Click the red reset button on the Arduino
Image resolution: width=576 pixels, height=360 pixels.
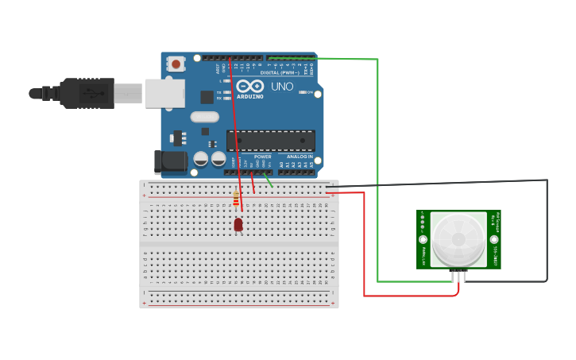[175, 62]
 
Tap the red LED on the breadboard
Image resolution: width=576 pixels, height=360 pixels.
[238, 225]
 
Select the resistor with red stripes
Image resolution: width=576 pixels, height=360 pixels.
[236, 199]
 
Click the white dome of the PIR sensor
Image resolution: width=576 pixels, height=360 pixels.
[459, 238]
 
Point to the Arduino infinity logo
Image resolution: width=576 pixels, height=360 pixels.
[249, 86]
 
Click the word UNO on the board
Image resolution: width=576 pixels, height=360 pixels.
[282, 86]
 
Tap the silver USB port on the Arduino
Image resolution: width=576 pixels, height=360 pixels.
[164, 93]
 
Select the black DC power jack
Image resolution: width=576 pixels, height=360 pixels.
[170, 161]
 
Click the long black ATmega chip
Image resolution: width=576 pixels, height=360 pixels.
[271, 141]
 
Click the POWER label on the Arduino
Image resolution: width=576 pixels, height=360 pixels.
[262, 157]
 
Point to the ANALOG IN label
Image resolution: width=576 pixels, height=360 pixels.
[300, 157]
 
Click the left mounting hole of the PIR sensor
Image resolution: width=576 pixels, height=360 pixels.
[423, 239]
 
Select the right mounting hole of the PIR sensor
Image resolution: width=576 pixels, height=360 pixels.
[494, 239]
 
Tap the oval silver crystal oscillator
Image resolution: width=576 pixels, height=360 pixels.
[204, 117]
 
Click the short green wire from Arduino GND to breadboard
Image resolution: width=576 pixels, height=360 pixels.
[268, 180]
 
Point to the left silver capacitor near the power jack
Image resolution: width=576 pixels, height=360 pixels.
[201, 159]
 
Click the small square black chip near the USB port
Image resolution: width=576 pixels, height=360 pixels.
[207, 97]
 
